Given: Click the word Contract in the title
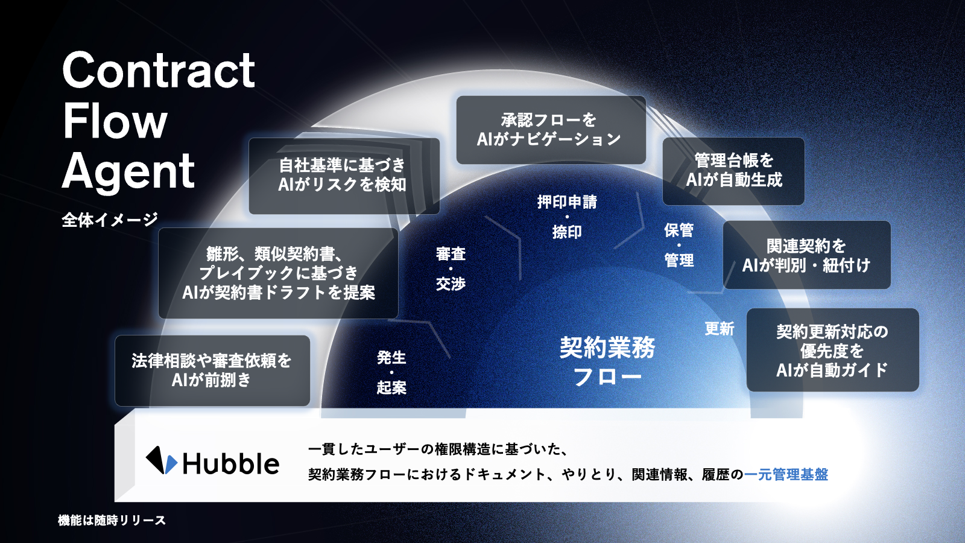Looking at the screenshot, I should pos(159,71).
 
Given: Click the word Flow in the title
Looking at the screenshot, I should pos(115,121).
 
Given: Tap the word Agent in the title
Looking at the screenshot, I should pos(128,171).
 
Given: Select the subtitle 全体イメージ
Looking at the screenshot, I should pos(110,220).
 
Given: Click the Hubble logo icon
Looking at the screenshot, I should pos(161,461).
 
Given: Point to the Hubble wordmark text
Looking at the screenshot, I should pos(231,464).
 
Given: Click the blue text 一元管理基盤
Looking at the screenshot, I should pos(786,475).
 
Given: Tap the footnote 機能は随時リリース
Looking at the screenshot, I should pos(112,520).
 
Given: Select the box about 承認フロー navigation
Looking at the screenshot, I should pos(550,130).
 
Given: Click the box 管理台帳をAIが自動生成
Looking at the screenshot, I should pos(733,171).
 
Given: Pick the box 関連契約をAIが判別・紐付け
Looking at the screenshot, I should pos(806,255).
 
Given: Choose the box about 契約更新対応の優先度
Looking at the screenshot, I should pos(832,351).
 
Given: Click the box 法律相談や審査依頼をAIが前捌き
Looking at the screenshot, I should pos(212,370).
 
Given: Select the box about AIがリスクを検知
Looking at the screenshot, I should pos(343,175).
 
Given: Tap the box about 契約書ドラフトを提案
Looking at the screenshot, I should pos(278,273).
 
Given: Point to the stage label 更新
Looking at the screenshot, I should pos(720,329).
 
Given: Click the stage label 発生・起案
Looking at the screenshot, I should pos(391,372).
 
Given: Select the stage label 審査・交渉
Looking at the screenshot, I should pos(451,268).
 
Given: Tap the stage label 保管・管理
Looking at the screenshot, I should pos(679,245).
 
